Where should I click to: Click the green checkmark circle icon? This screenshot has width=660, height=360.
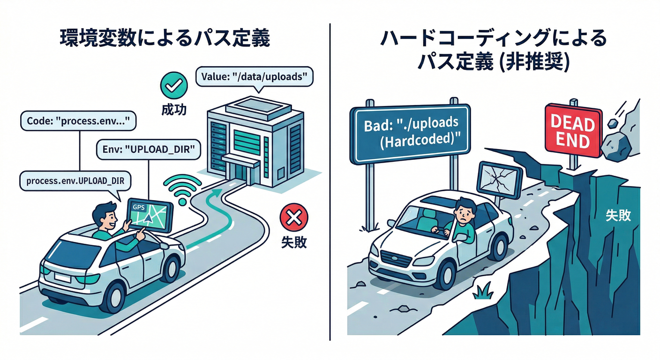(x=173, y=85)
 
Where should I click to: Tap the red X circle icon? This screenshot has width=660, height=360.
(x=293, y=218)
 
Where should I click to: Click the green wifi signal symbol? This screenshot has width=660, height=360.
(x=181, y=190)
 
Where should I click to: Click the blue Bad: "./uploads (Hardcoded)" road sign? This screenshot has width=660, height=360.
(x=410, y=134)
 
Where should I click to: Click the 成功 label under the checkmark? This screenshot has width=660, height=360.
(x=173, y=110)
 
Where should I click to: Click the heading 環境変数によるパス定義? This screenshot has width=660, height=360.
(x=165, y=39)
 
